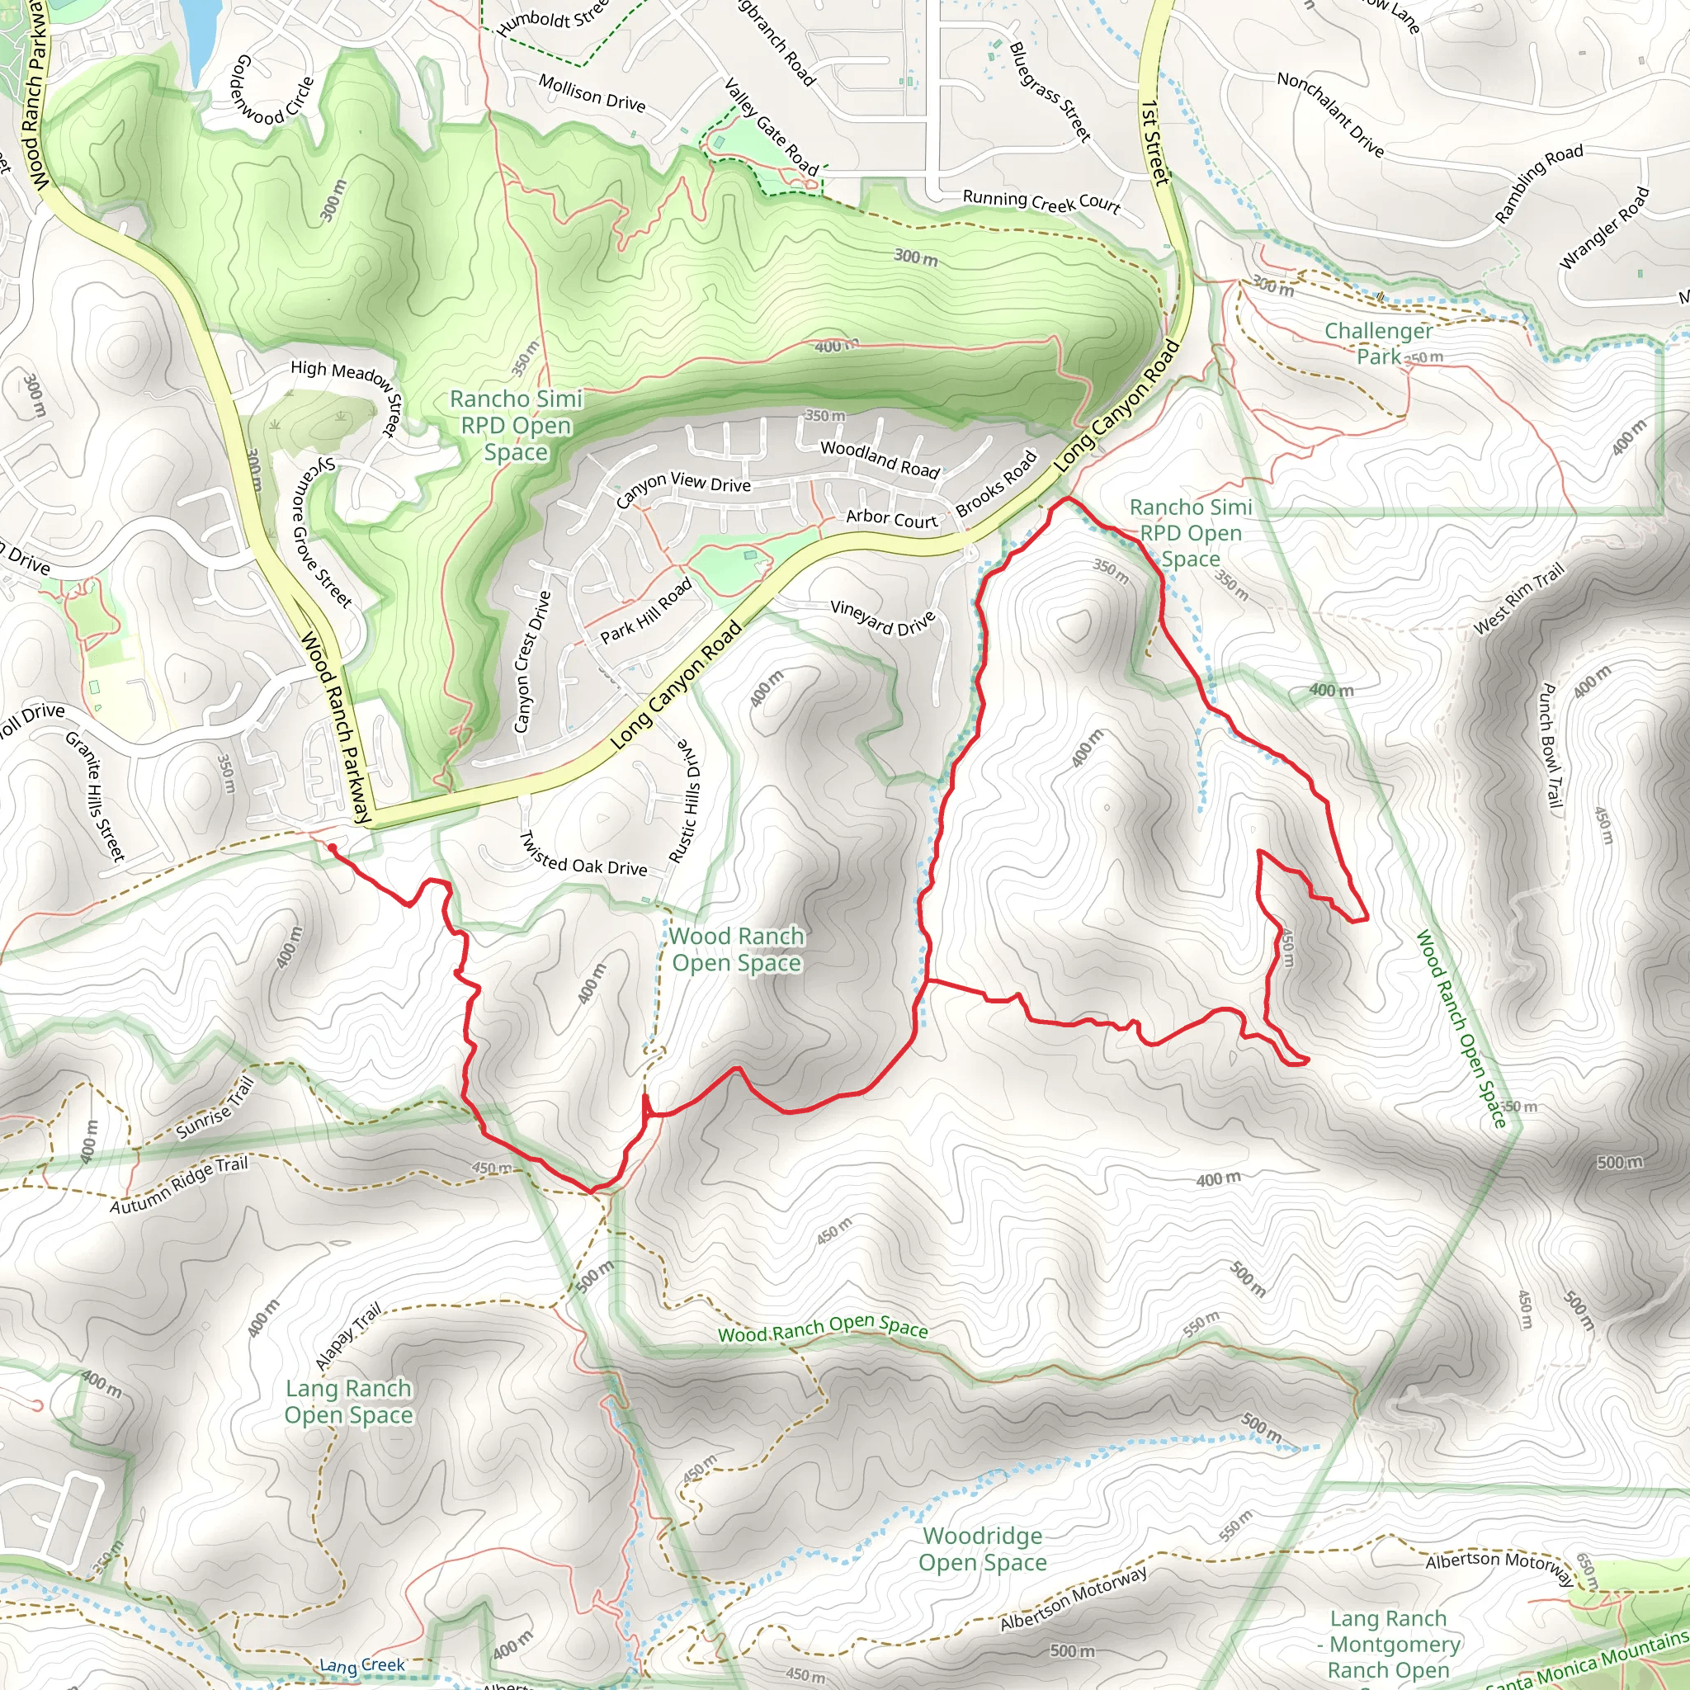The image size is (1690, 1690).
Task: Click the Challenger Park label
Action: pos(1379,344)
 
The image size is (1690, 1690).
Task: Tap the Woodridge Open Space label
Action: pos(982,1549)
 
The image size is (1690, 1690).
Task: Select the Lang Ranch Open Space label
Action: pos(348,1401)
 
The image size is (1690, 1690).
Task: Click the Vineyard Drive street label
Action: pos(883,617)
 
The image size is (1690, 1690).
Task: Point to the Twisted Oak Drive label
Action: pos(583,855)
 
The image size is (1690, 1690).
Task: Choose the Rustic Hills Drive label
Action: pos(687,800)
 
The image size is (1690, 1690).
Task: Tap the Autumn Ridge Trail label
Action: pos(179,1184)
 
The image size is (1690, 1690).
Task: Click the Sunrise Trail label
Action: pos(215,1108)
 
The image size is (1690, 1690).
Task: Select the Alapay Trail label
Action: pos(348,1337)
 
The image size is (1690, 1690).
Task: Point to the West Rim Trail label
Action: pos(1518,599)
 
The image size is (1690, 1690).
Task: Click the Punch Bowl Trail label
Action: pos(1549,749)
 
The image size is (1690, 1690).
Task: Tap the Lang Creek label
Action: pos(362,1665)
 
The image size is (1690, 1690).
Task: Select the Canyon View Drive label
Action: pos(683,489)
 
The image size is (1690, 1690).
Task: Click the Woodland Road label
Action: pos(880,460)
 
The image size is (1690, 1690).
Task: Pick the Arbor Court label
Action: pos(891,520)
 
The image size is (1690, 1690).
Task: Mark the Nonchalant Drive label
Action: pos(1330,115)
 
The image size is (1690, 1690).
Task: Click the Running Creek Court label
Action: pos(1041,202)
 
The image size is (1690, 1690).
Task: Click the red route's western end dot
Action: pos(332,847)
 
